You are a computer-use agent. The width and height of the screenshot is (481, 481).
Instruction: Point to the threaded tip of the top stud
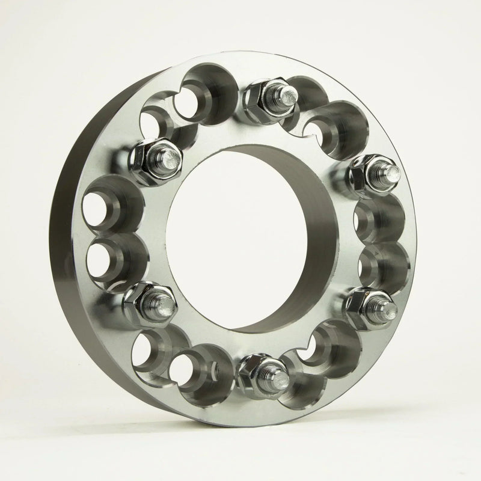pos(287,94)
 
